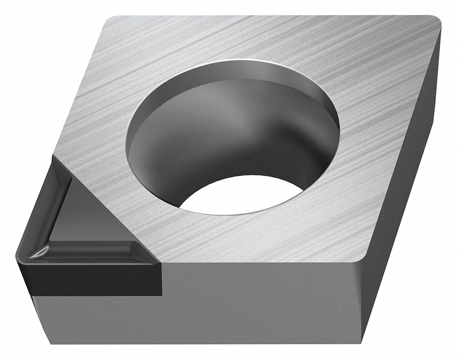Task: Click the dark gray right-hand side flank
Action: coord(406,183)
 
